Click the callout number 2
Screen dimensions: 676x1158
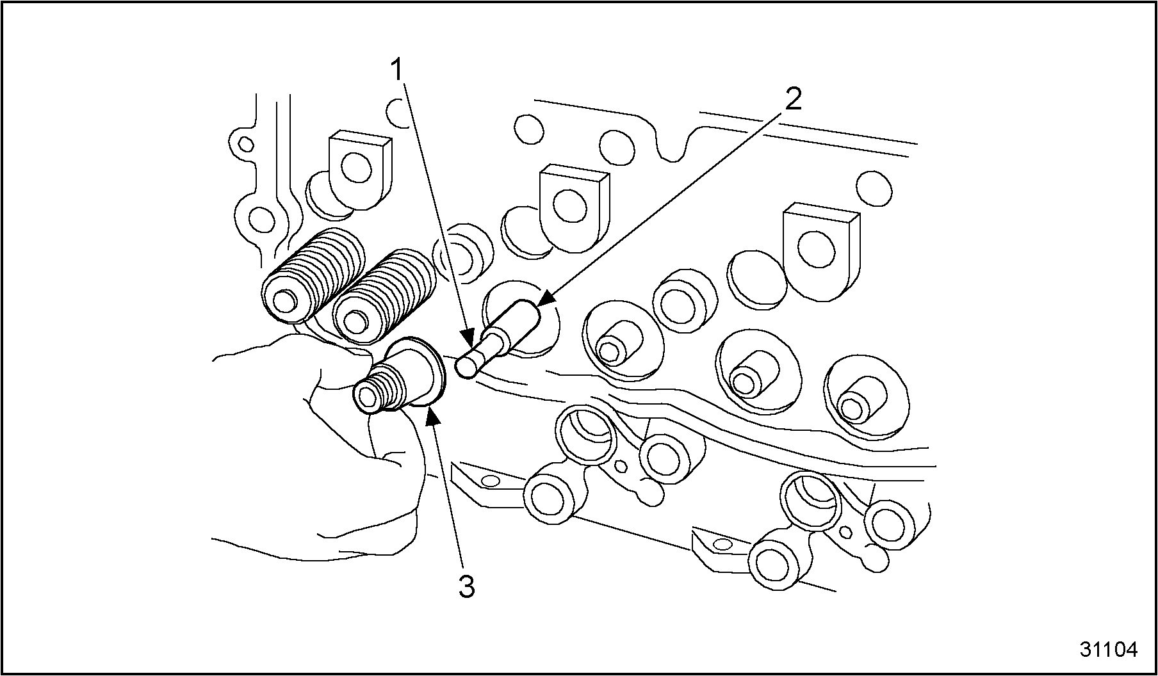tap(793, 100)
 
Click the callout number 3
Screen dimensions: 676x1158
tap(467, 587)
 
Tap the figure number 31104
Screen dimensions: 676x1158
tap(1109, 649)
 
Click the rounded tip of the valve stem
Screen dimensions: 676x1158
tap(466, 367)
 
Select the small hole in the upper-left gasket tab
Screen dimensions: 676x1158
tap(243, 141)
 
